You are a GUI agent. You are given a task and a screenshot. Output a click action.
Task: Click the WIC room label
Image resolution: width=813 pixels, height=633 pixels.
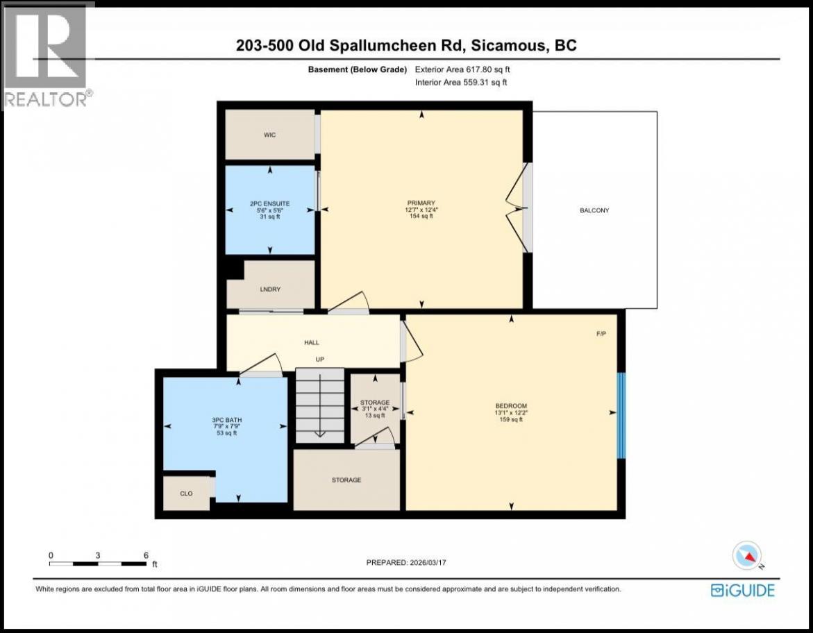pyautogui.click(x=269, y=135)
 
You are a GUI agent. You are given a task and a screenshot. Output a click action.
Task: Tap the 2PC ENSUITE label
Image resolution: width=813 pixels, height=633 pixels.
pyautogui.click(x=269, y=204)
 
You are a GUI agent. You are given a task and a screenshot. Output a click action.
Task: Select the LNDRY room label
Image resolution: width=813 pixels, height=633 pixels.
pyautogui.click(x=270, y=289)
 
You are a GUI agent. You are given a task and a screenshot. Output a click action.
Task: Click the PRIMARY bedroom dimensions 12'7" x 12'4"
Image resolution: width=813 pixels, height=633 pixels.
pyautogui.click(x=421, y=210)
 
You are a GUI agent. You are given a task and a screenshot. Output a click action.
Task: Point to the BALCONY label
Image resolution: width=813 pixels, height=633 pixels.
pyautogui.click(x=594, y=210)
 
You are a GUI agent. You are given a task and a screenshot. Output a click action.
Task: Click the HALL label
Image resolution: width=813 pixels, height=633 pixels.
pyautogui.click(x=312, y=343)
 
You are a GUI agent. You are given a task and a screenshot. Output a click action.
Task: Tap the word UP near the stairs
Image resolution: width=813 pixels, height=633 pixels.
pyautogui.click(x=320, y=360)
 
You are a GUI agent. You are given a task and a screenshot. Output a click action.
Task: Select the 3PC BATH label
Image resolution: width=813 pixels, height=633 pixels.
pyautogui.click(x=226, y=420)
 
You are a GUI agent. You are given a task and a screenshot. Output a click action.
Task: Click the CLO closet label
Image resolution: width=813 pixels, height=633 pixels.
pyautogui.click(x=186, y=493)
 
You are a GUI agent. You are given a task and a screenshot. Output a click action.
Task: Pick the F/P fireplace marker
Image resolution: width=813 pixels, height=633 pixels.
pyautogui.click(x=601, y=334)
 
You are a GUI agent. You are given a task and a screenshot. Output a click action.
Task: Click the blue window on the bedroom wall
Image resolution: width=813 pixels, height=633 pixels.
pyautogui.click(x=621, y=416)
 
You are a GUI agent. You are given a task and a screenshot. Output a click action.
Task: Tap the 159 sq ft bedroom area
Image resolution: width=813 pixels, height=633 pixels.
pyautogui.click(x=511, y=419)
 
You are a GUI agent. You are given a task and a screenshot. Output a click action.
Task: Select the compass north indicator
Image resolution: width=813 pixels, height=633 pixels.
pyautogui.click(x=746, y=556)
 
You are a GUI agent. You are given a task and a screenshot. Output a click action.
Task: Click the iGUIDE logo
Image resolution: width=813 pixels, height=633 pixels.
pyautogui.click(x=742, y=591)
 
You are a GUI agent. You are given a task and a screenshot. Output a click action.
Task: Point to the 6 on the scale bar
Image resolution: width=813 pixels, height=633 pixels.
pyautogui.click(x=146, y=555)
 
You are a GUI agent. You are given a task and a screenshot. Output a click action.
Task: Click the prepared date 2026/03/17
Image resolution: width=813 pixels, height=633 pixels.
pyautogui.click(x=427, y=562)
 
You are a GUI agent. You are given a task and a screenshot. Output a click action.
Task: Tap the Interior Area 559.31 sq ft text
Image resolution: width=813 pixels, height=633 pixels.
pyautogui.click(x=461, y=82)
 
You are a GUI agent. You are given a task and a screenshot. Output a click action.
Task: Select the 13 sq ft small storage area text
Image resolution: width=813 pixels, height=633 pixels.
pyautogui.click(x=375, y=415)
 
